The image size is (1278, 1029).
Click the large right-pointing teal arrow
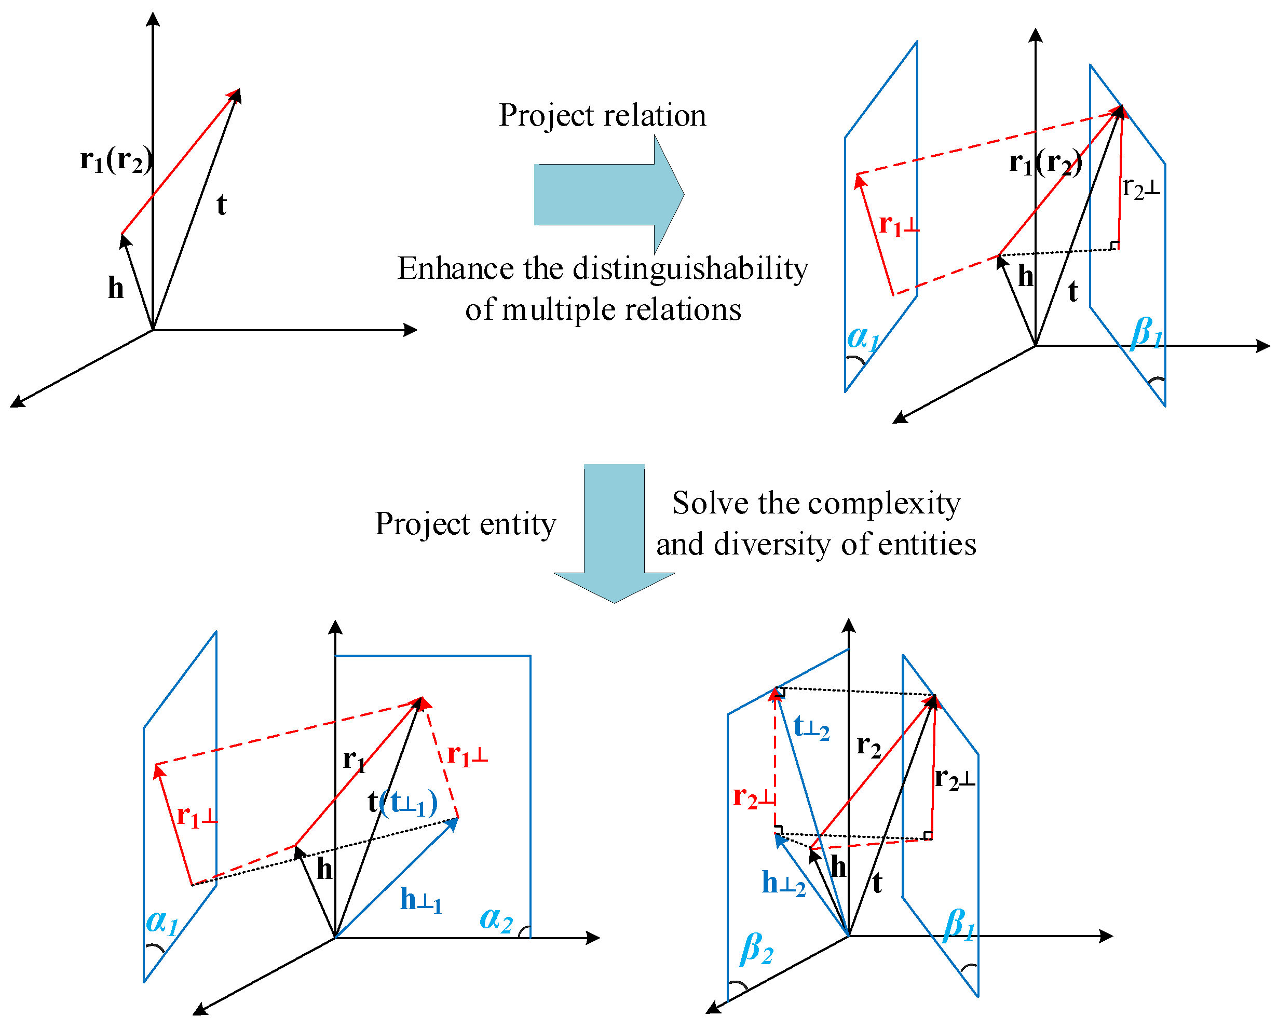click(605, 194)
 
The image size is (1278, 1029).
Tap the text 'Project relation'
click(602, 115)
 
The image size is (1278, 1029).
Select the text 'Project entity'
click(465, 524)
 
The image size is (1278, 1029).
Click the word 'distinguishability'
click(690, 269)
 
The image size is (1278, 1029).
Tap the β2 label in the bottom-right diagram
click(756, 948)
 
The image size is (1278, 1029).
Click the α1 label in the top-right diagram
click(863, 338)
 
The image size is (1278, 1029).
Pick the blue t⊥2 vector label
click(811, 728)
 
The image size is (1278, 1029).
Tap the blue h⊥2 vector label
click(783, 883)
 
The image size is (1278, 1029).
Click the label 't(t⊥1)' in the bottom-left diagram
click(402, 803)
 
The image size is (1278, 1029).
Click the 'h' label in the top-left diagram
click(116, 288)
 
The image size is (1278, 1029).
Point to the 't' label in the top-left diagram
click(221, 205)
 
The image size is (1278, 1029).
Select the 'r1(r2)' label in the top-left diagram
click(116, 160)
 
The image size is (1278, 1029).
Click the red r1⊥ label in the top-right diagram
click(899, 225)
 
